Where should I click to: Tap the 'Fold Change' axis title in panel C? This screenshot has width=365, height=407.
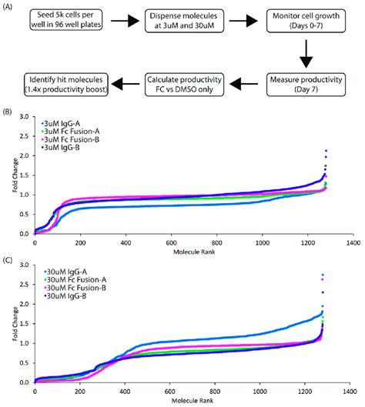[x=8, y=323]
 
